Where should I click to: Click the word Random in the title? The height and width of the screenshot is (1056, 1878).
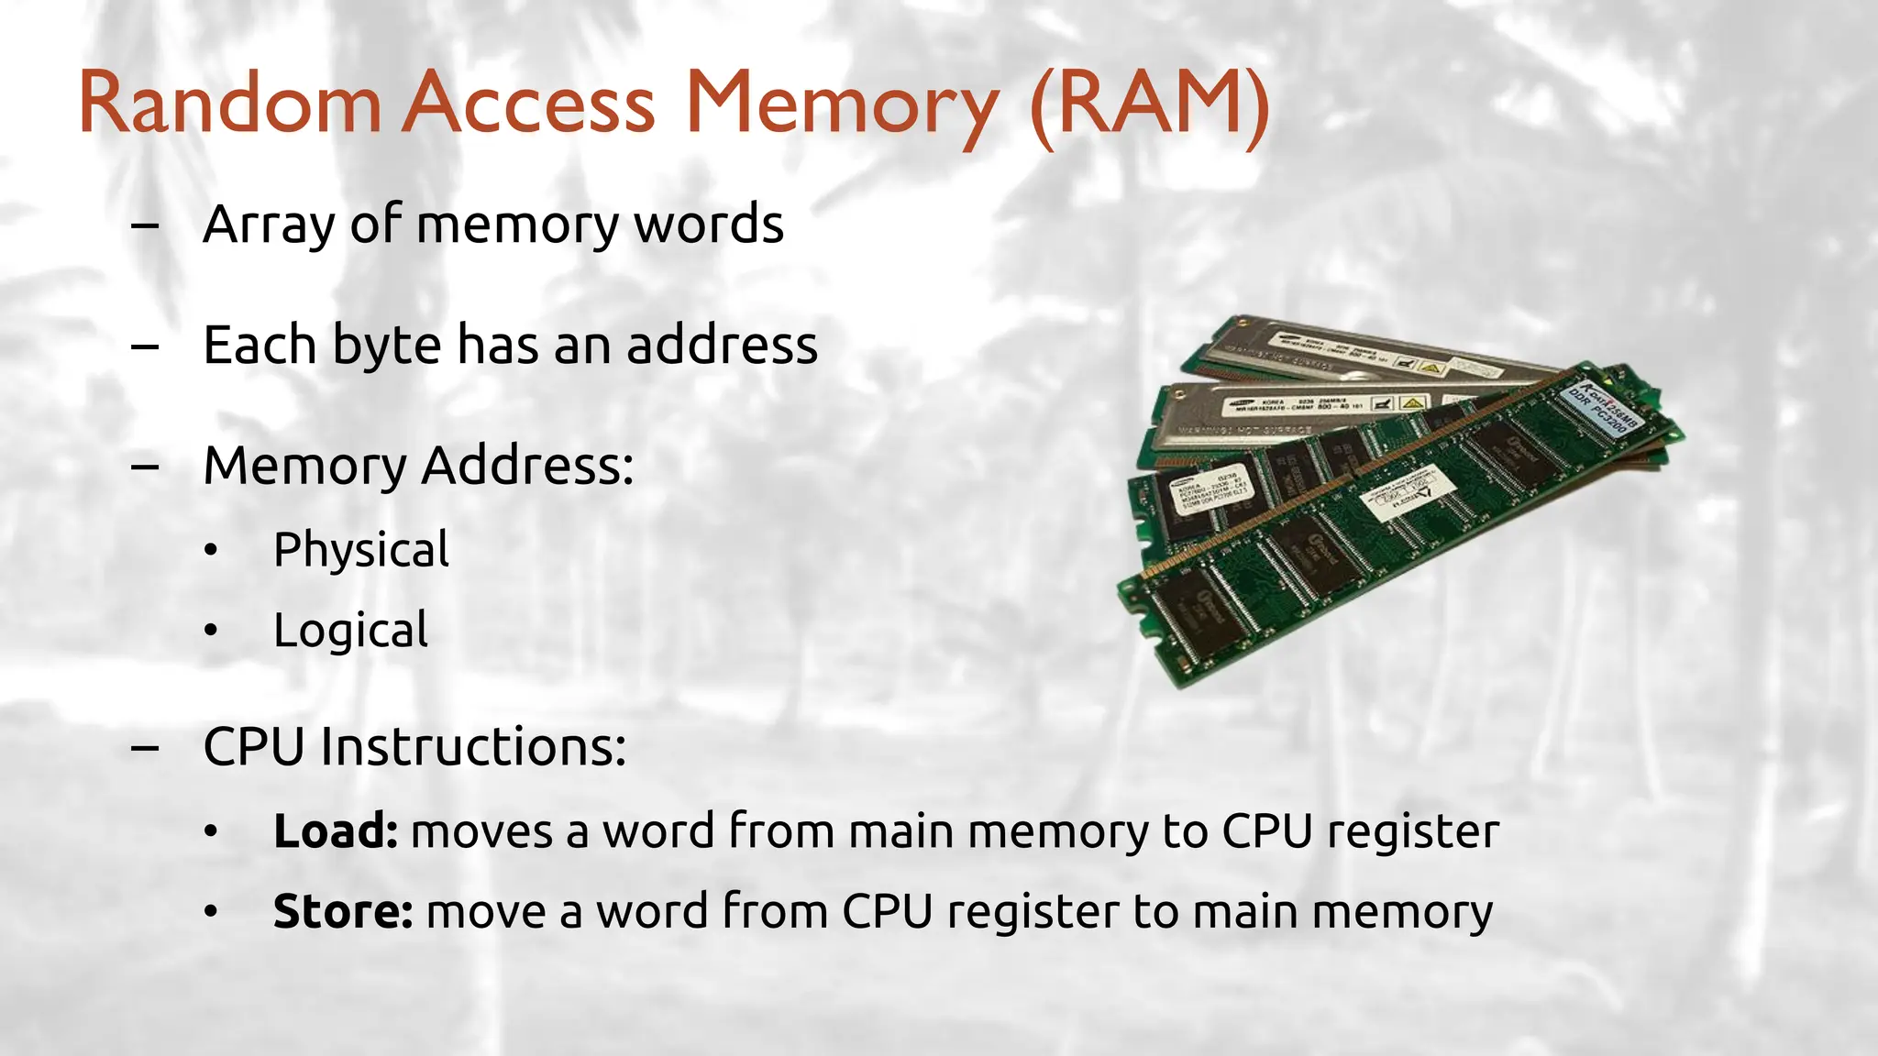pos(229,103)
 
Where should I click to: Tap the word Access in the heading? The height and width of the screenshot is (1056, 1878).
pos(530,103)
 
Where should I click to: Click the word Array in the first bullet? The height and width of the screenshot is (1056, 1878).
pos(270,225)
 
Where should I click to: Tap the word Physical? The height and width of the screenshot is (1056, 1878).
pos(361,551)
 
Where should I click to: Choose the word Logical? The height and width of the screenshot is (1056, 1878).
pos(350,632)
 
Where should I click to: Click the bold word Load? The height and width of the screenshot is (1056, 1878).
pos(336,831)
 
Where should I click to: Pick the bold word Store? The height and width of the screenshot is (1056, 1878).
pos(343,912)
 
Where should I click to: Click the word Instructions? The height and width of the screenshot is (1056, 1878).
pos(473,747)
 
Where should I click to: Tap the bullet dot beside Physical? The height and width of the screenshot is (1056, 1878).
pos(212,551)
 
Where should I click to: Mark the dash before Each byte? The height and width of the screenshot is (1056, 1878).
pos(145,346)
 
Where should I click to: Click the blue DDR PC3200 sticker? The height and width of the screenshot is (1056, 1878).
pos(1599,407)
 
